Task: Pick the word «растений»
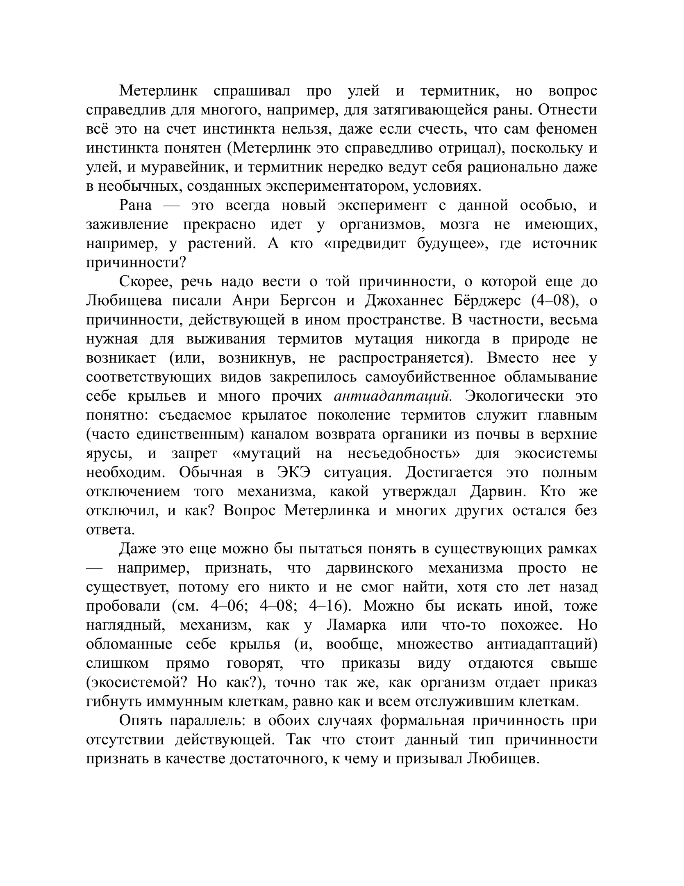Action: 222,244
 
